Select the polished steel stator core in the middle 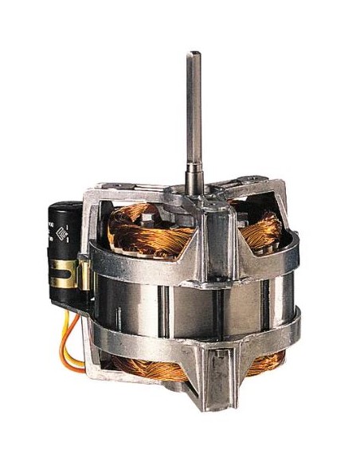143,307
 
